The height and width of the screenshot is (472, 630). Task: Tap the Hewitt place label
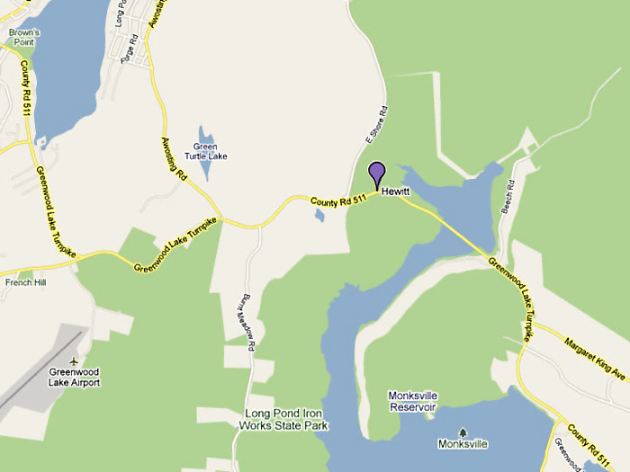click(395, 191)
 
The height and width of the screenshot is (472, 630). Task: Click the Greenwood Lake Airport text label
click(74, 377)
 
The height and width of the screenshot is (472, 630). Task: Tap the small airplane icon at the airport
click(73, 361)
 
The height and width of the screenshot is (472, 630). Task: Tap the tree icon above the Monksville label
click(463, 432)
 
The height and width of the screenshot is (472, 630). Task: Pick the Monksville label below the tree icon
click(463, 444)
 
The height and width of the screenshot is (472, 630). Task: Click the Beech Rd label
click(508, 196)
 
